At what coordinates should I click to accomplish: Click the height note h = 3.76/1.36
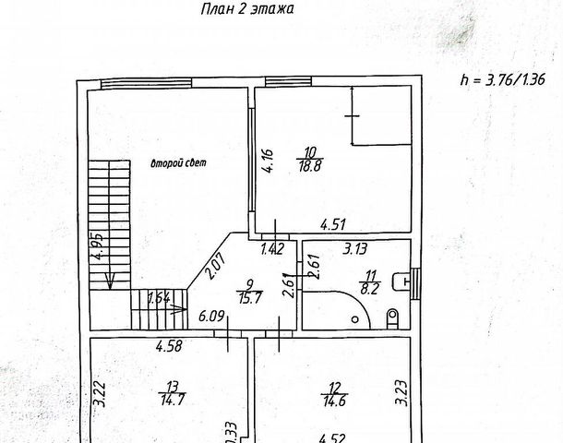tap(501, 78)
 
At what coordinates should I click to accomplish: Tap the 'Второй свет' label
tap(179, 163)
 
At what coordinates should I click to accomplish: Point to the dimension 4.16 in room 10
tap(266, 162)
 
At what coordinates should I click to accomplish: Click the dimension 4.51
tap(332, 222)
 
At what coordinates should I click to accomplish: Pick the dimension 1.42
tap(270, 248)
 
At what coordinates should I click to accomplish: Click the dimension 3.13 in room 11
tap(355, 247)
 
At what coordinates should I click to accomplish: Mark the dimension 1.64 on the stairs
tap(158, 298)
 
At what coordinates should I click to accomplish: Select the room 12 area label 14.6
tap(329, 398)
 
